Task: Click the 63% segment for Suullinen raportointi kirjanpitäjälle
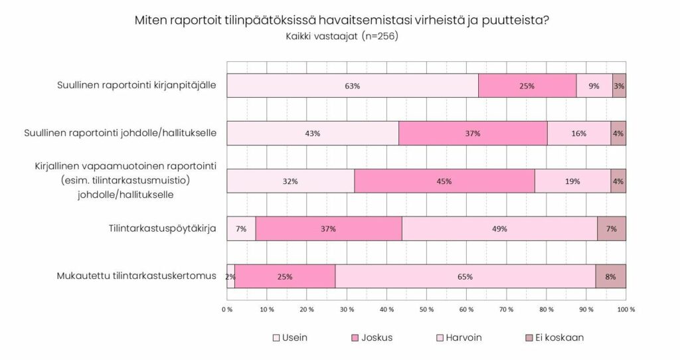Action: click(352, 86)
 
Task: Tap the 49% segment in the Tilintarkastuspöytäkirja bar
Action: click(499, 228)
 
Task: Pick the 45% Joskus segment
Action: click(444, 181)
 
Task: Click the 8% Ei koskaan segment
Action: click(610, 276)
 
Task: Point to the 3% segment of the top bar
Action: click(619, 86)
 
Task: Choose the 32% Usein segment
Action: click(290, 181)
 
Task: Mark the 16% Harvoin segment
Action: click(578, 133)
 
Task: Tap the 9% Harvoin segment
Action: click(594, 86)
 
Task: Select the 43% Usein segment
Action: click(312, 133)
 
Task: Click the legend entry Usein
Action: click(290, 337)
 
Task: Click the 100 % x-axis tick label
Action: click(626, 309)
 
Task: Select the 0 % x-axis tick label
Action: click(227, 309)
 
